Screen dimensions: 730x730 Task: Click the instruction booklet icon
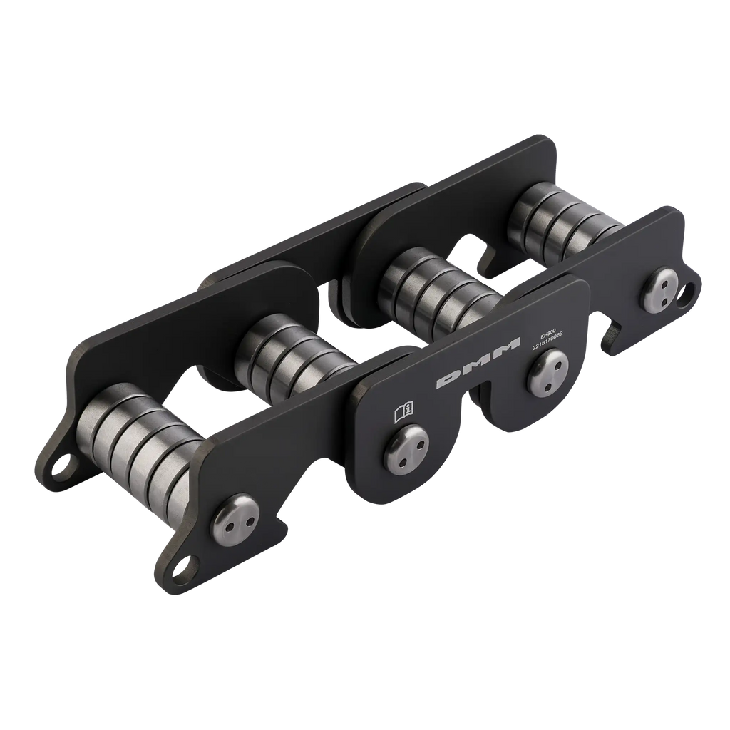(403, 413)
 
